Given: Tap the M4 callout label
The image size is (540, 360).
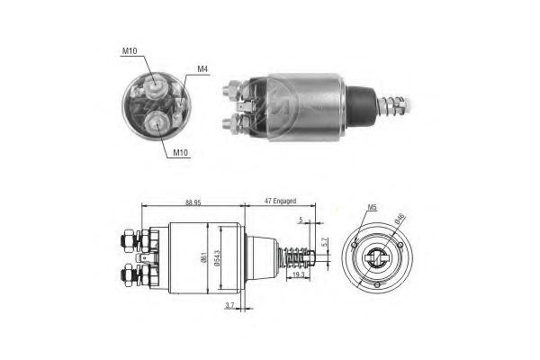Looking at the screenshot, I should [203, 68].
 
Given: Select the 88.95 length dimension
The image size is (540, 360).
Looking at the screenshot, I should [188, 203].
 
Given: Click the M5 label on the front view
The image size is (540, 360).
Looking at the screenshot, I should [372, 210].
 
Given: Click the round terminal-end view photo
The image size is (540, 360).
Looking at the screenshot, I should [156, 106].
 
